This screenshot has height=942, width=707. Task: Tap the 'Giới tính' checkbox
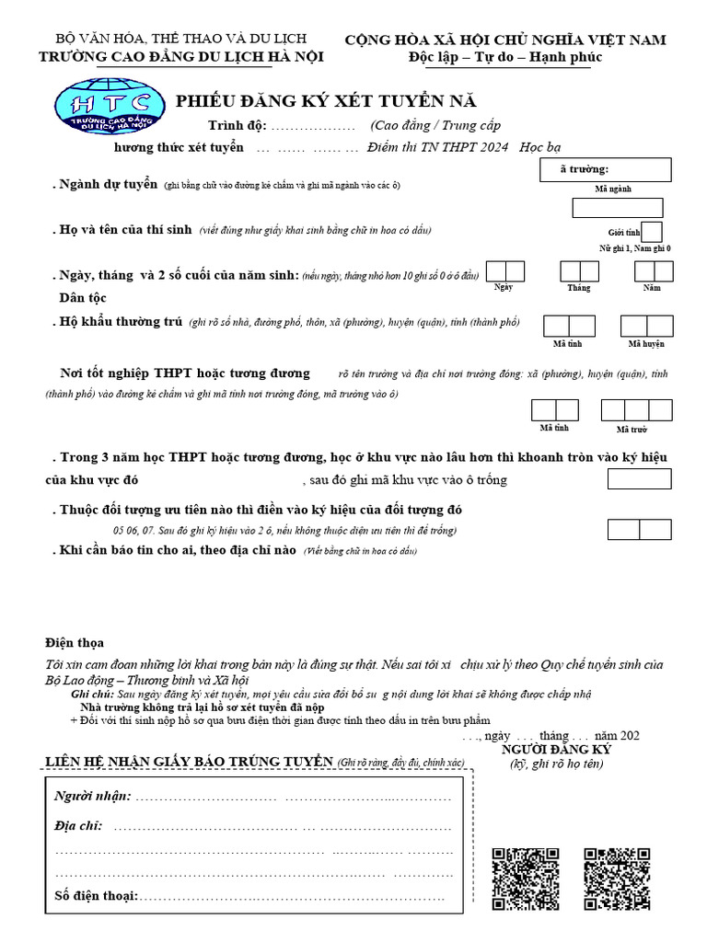point(652,232)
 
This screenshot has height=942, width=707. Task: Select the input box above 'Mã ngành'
point(617,208)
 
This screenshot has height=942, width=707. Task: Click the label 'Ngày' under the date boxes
point(503,288)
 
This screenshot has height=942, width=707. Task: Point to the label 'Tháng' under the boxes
point(579,288)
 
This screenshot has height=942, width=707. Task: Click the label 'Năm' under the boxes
point(652,288)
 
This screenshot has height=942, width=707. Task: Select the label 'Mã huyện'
point(646,344)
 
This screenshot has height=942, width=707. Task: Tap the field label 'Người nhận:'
point(93,796)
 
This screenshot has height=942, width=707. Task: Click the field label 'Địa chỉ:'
point(78,826)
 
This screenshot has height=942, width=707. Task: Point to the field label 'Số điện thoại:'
point(96,895)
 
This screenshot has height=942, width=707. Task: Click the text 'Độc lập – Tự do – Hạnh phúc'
point(504,57)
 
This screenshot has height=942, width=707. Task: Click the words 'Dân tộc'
point(83,298)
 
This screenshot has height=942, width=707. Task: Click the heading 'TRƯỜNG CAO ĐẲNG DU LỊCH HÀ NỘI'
point(180,57)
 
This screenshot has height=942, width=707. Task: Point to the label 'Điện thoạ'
point(75,642)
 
